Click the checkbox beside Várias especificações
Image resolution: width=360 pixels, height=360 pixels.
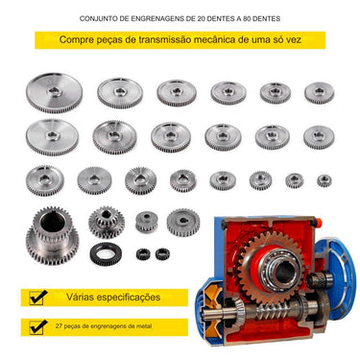point(38,297)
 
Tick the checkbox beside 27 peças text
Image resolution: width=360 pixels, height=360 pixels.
point(38,326)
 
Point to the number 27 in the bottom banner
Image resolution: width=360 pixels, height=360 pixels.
point(59,326)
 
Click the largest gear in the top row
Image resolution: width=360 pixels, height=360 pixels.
point(54,93)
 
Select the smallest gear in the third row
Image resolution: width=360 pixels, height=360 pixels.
point(324,180)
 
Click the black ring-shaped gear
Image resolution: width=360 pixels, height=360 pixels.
point(106,253)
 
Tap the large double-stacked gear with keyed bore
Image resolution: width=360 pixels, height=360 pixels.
point(52,235)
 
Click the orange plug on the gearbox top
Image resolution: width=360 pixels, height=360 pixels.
point(318,222)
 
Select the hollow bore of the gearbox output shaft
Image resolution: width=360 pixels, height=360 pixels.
point(284,272)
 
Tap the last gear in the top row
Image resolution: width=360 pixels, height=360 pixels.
point(319,93)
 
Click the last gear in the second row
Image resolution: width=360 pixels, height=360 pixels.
point(319,137)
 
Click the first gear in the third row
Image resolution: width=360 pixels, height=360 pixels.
point(45,180)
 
